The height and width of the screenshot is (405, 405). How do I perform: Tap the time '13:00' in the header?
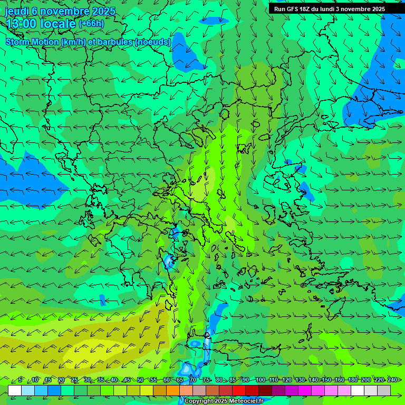click(21, 24)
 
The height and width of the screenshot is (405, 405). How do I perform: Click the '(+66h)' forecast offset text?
click(91, 23)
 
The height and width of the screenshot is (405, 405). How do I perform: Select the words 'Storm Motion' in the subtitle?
click(32, 42)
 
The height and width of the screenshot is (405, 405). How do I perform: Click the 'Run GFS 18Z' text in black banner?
click(292, 9)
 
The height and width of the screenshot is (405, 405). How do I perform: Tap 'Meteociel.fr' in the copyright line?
click(246, 401)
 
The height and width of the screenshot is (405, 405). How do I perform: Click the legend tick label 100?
click(260, 380)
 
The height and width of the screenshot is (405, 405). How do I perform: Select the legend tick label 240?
click(392, 380)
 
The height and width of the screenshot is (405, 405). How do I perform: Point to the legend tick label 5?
click(20, 380)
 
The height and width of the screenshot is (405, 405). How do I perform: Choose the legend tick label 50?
click(140, 380)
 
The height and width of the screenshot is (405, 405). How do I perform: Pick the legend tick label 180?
click(352, 380)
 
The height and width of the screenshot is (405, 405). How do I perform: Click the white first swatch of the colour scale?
click(15, 390)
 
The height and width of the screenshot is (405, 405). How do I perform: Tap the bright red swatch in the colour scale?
click(239, 390)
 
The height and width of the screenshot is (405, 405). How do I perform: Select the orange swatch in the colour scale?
click(173, 390)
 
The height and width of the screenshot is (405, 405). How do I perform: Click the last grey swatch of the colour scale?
click(384, 390)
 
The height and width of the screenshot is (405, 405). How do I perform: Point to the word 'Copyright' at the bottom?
click(198, 401)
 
